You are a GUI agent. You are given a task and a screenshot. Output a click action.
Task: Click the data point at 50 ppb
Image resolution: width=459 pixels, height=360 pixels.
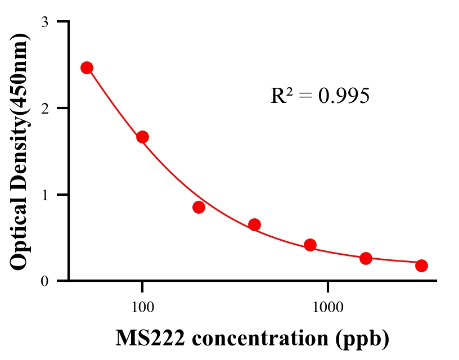tap(87, 67)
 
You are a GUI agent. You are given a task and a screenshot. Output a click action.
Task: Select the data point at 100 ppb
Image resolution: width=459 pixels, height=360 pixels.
tap(142, 137)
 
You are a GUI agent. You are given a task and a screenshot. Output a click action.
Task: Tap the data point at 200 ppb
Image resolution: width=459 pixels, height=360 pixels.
tap(199, 207)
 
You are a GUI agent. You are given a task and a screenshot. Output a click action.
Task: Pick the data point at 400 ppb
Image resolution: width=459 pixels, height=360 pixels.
tap(254, 224)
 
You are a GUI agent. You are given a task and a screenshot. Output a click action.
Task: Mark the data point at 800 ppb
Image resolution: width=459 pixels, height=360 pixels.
tap(310, 245)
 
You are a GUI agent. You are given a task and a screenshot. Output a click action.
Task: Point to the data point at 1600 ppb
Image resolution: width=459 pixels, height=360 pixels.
tap(366, 258)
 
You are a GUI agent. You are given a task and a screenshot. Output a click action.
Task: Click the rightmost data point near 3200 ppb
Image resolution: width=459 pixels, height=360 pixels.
tap(421, 265)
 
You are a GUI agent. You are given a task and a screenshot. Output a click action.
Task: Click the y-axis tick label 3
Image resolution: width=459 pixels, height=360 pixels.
tap(44, 22)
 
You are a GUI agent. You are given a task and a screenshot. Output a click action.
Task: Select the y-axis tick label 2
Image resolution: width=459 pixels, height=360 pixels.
tap(44, 108)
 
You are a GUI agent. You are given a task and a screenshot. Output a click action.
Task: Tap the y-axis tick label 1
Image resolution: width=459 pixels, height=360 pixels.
tap(44, 195)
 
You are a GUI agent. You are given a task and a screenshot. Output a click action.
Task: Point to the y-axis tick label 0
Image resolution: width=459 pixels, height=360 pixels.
tap(44, 281)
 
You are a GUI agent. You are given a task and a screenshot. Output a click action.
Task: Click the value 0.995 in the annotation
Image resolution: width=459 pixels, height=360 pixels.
tap(344, 96)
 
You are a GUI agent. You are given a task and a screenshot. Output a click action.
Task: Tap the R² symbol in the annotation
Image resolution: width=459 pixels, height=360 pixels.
tap(281, 96)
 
